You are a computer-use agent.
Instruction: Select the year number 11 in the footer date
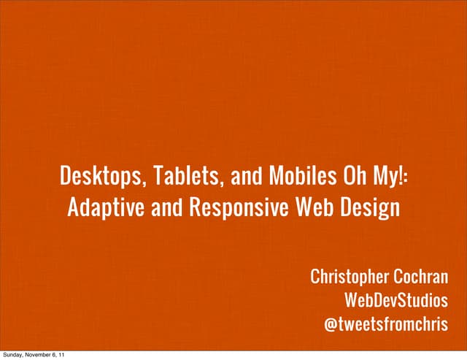tap(67, 355)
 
